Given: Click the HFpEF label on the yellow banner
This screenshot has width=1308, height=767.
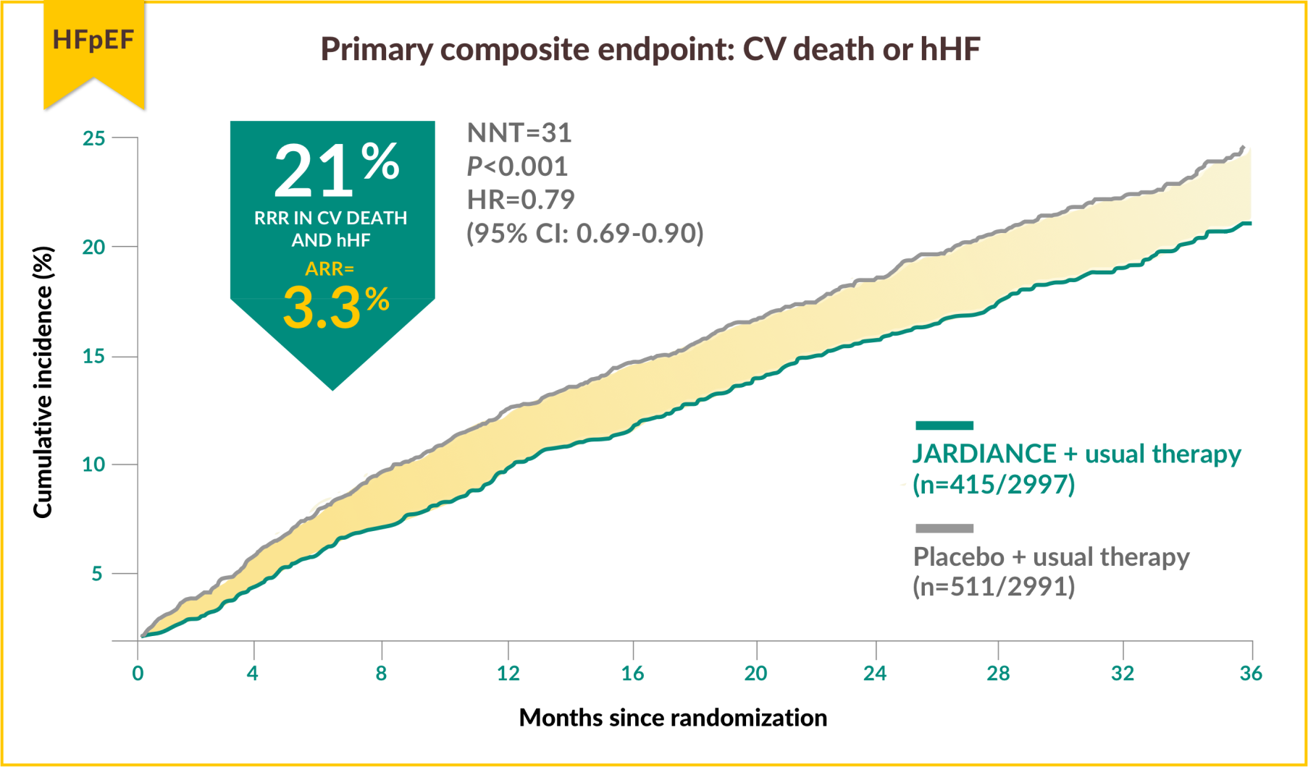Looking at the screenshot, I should [93, 40].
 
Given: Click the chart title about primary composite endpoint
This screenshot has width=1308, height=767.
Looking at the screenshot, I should [650, 49].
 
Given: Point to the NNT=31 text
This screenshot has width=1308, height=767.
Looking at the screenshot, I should [519, 133].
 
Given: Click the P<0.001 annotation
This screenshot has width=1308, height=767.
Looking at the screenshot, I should [517, 166].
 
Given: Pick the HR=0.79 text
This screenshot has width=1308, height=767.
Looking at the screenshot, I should [521, 200].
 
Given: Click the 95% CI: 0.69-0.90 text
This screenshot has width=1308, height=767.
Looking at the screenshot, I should [585, 233].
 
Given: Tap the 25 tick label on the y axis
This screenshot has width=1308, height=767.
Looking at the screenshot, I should [94, 138].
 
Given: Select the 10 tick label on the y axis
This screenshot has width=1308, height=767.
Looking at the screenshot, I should [94, 465].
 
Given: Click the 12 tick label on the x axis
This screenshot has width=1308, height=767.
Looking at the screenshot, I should [508, 674].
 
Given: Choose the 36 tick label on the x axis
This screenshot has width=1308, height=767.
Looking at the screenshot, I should [1251, 674].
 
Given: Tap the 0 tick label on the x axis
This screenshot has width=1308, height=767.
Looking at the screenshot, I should [138, 674].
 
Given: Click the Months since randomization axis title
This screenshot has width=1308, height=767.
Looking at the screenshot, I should [673, 718].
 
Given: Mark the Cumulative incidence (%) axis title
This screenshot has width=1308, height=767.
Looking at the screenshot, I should [43, 382].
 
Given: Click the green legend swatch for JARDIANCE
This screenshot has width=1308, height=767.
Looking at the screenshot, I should [944, 425].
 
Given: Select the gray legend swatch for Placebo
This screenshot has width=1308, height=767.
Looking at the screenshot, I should [944, 528].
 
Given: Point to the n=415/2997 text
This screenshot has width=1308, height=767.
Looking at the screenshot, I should [994, 484].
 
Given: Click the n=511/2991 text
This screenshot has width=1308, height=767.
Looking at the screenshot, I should [994, 587].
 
